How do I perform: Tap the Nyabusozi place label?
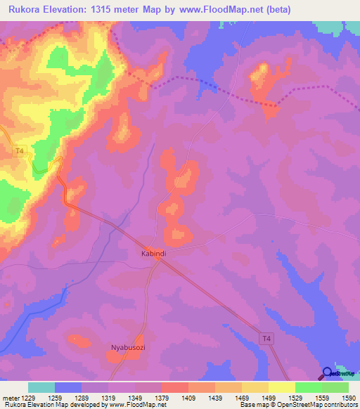tap(127, 347)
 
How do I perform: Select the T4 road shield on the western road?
tap(20, 150)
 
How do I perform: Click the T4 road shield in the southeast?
tap(266, 339)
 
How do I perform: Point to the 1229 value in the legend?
tap(26, 397)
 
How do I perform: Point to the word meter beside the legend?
tap(8, 397)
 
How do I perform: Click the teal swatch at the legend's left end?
tap(41, 387)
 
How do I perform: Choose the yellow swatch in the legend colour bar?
tap(281, 387)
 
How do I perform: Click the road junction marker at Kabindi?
tap(160, 259)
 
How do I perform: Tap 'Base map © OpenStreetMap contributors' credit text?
tap(297, 405)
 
